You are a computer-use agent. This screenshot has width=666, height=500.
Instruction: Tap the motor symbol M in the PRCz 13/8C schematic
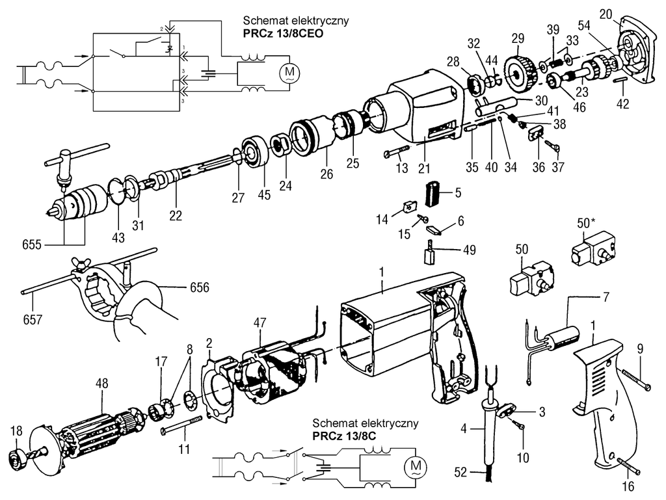pyautogui.click(x=414, y=467)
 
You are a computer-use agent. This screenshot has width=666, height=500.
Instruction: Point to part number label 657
pyautogui.click(x=32, y=319)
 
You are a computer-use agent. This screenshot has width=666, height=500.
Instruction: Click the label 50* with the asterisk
pyautogui.click(x=585, y=223)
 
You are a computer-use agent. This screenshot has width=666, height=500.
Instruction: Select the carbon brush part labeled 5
pyautogui.click(x=433, y=192)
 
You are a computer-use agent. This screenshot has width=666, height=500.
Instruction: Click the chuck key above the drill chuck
pyautogui.click(x=66, y=159)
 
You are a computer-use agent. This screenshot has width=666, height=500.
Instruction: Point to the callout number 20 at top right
pyautogui.click(x=606, y=14)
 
